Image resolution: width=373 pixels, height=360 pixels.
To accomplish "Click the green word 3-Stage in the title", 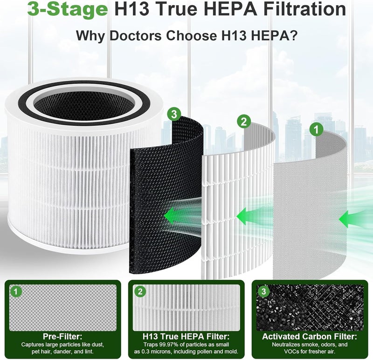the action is point(67,9).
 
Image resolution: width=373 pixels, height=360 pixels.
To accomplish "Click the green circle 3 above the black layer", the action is point(174,114).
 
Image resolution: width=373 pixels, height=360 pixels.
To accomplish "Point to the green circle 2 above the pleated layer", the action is point(244,122).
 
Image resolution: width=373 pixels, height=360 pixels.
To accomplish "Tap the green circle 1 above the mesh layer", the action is point(316,130).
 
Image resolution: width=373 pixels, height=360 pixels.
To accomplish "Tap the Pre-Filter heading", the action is point(62,336).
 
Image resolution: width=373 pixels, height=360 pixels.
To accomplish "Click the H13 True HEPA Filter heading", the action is point(186,336).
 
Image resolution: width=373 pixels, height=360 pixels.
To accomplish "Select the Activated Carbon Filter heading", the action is point(310,336).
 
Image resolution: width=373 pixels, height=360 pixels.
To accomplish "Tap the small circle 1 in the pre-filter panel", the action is point(16,292).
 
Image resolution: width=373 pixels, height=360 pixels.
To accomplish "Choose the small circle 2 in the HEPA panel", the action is point(140,292).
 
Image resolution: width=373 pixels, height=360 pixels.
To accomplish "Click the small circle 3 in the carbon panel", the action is point(263,292).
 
